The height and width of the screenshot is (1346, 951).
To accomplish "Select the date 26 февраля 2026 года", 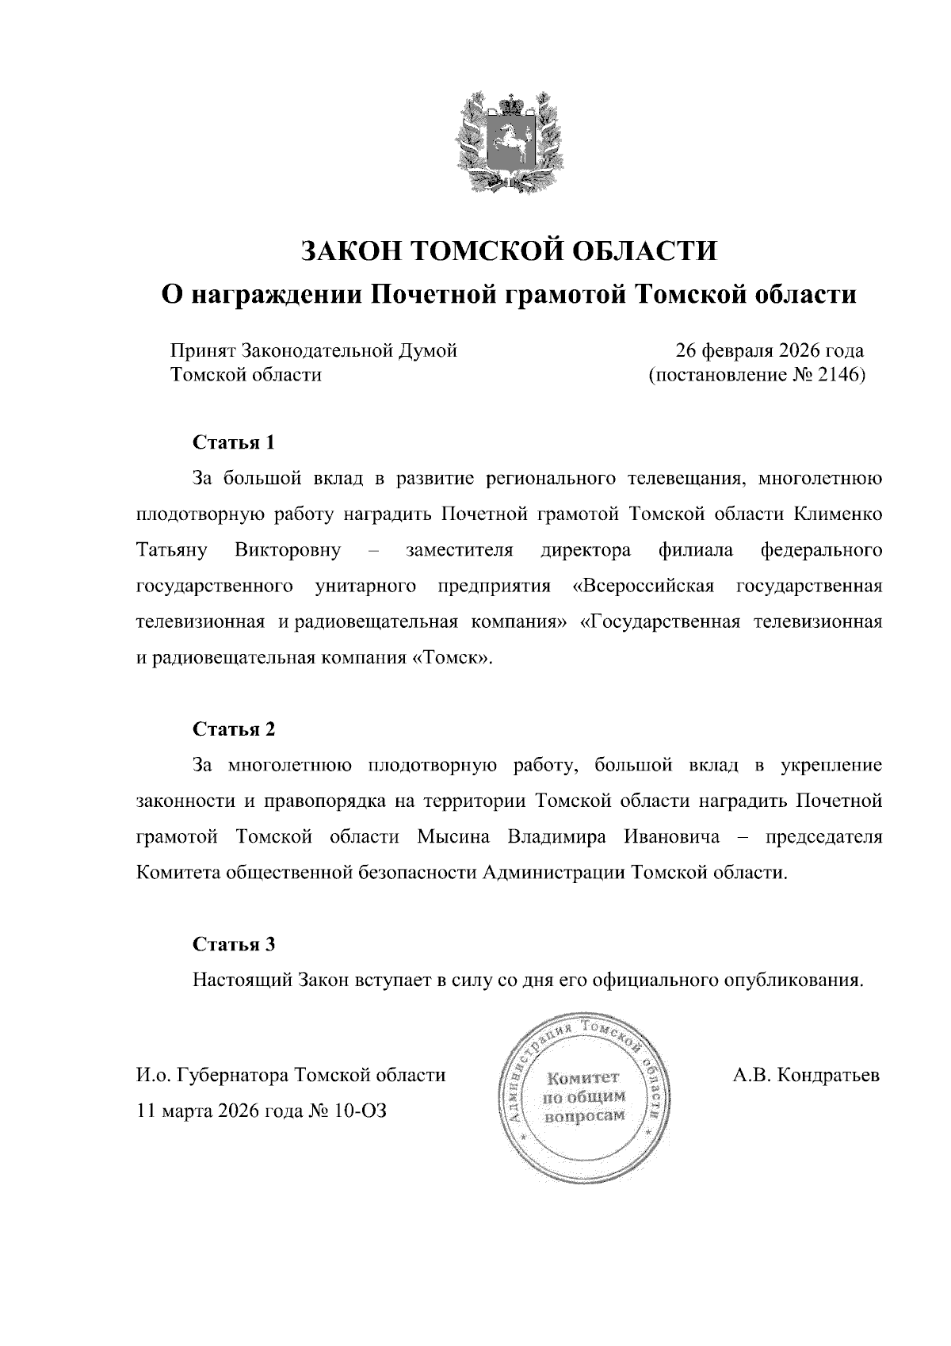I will click(x=769, y=350).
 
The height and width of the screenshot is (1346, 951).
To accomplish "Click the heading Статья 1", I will click(x=234, y=442).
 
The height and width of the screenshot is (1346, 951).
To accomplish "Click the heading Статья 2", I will click(x=234, y=728).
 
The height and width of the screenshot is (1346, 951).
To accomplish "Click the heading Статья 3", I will click(x=234, y=944).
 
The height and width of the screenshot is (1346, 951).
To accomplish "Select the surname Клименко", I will click(x=838, y=514).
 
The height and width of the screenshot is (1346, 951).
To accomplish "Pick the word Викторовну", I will click(x=288, y=550).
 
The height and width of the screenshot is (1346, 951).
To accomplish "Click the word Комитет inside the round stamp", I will click(x=582, y=1078).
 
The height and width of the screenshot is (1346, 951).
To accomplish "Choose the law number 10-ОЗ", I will click(x=361, y=1111).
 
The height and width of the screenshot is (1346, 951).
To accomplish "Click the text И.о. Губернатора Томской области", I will click(x=291, y=1076).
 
